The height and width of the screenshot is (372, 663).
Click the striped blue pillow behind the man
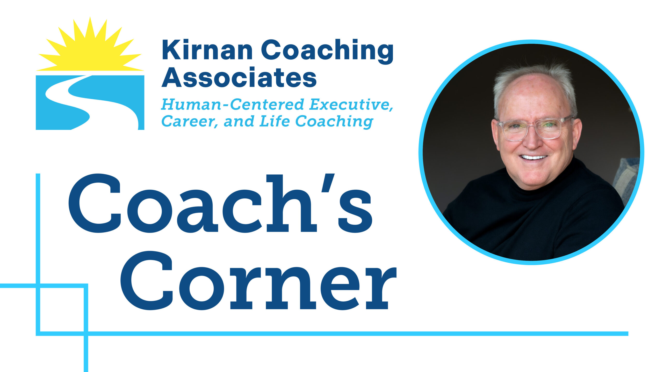pyautogui.click(x=626, y=178)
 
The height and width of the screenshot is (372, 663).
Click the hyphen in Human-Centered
pyautogui.click(x=225, y=106)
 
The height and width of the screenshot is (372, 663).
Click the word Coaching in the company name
pyautogui.click(x=327, y=51)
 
